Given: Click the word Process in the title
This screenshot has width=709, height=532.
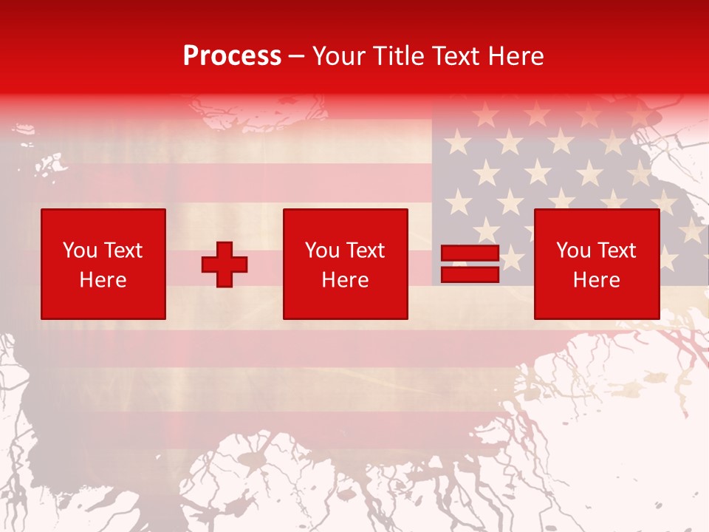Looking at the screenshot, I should point(232,56).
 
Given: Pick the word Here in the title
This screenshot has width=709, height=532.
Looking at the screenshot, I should point(516,56).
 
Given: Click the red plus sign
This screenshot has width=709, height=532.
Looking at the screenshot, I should point(225,265).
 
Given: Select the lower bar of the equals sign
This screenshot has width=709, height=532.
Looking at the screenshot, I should point(470,274).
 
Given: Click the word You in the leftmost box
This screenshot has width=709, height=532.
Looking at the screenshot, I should point(80,250).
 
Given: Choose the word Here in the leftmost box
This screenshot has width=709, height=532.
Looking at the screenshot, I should point(103,280).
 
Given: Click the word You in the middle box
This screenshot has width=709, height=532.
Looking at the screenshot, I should point(322,250).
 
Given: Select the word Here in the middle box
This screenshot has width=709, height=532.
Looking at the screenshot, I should point(345,280).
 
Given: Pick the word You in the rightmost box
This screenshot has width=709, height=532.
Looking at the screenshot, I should point(573,250).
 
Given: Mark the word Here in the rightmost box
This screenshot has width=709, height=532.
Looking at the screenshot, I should point(596,280).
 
